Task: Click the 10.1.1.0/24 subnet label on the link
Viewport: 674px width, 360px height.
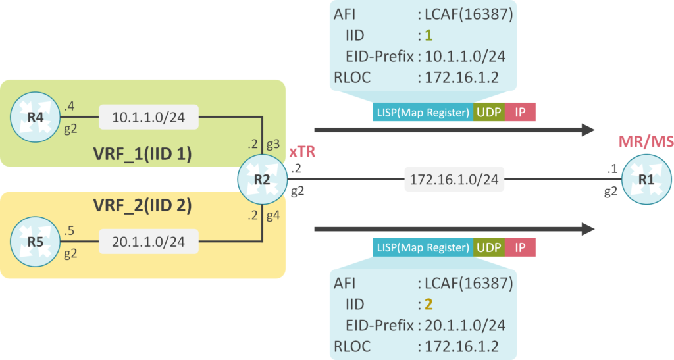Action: click(x=148, y=118)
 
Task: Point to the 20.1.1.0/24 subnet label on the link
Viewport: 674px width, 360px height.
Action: click(x=148, y=243)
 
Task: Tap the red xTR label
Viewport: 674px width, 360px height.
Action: click(x=303, y=152)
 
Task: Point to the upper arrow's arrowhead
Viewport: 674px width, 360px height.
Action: click(x=587, y=130)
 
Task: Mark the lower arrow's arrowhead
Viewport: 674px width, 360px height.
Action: click(x=587, y=229)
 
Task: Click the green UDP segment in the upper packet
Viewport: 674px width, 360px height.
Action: click(x=489, y=112)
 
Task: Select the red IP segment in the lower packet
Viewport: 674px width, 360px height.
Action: click(x=520, y=247)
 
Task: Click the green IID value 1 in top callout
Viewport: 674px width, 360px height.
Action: click(x=428, y=34)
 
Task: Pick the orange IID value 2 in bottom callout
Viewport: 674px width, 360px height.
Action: click(x=428, y=305)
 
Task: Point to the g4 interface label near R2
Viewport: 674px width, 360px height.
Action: click(x=274, y=215)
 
